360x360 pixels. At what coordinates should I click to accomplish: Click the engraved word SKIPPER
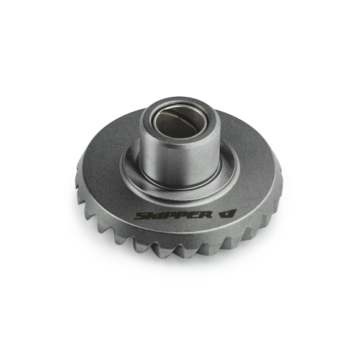[173, 215]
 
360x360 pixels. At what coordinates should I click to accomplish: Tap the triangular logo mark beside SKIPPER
[227, 214]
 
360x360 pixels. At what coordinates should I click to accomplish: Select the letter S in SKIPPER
[140, 216]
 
